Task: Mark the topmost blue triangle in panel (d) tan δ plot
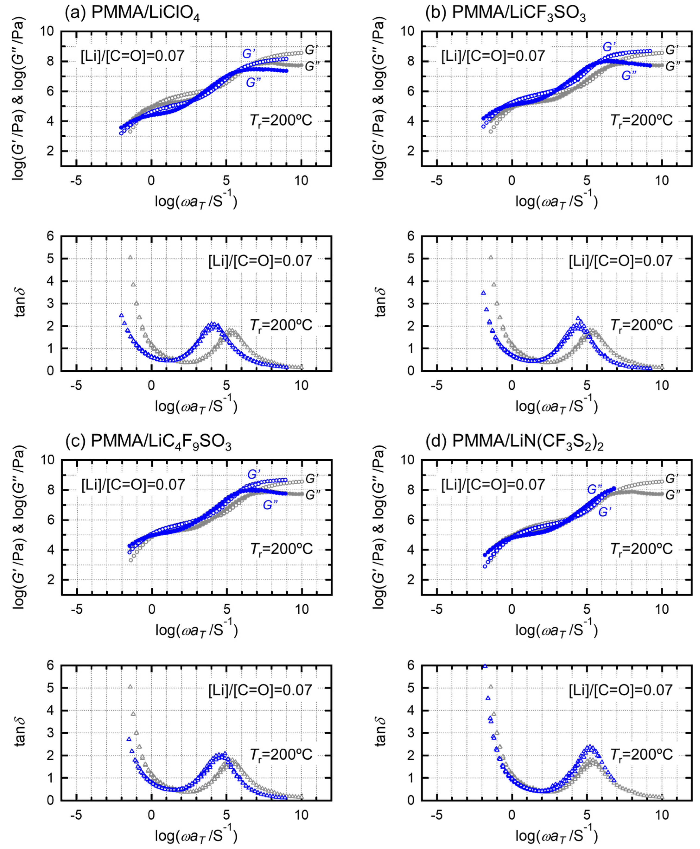[x=485, y=666]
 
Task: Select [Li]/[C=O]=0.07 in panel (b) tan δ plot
[x=621, y=261]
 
